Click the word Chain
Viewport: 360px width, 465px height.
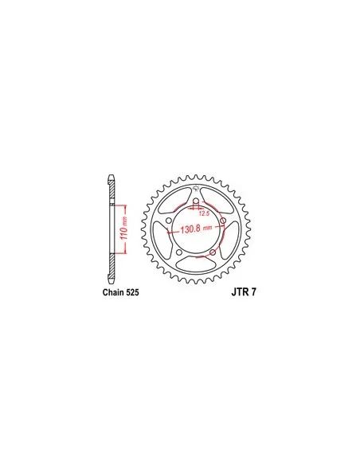point(113,292)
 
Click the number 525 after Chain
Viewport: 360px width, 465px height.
point(132,292)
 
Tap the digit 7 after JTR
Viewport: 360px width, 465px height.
point(253,292)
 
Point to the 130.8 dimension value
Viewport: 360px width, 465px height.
point(191,229)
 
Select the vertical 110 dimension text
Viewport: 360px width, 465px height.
point(124,229)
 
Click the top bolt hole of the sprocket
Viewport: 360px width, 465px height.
point(196,202)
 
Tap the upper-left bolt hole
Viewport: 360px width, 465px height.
point(169,221)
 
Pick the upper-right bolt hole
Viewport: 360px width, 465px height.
point(223,221)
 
